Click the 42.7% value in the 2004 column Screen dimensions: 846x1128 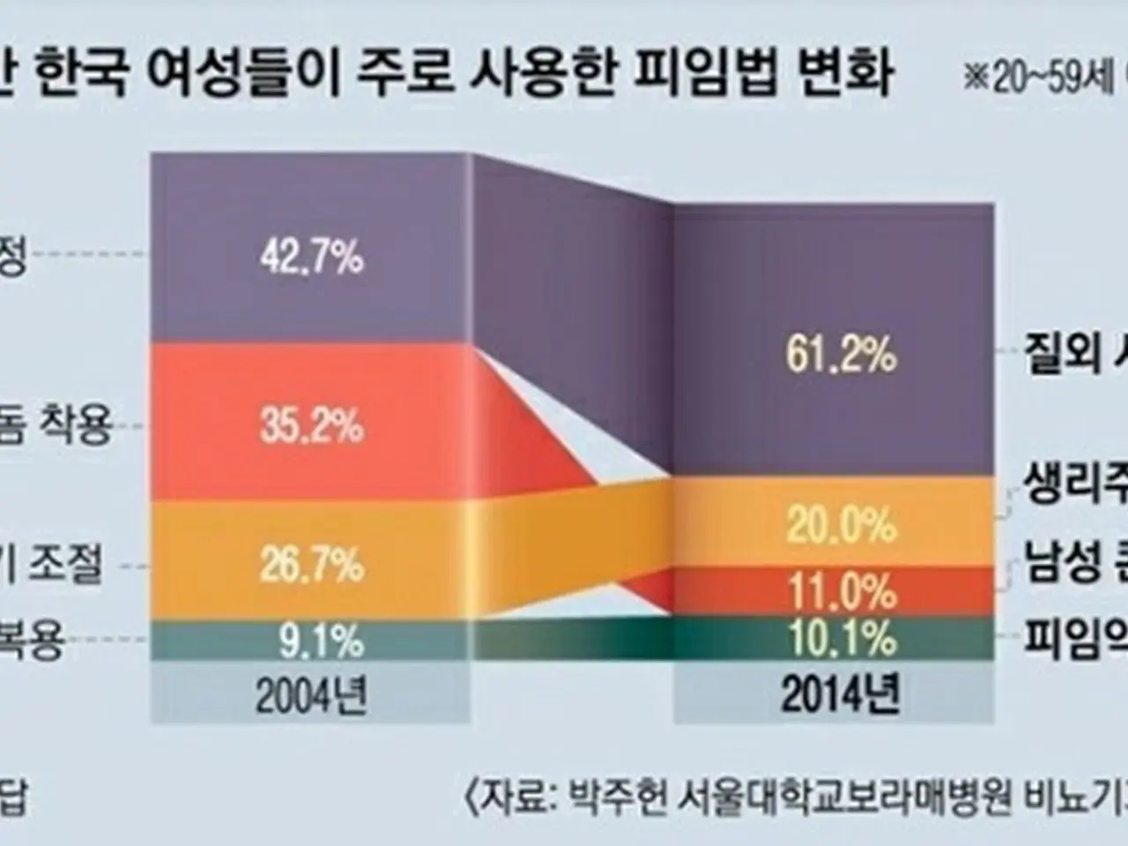pos(311,258)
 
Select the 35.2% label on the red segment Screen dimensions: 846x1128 pos(311,427)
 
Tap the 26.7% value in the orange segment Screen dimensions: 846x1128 pos(311,563)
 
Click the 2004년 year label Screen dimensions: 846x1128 pos(311,698)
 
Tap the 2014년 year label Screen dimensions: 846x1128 pos(841,696)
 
